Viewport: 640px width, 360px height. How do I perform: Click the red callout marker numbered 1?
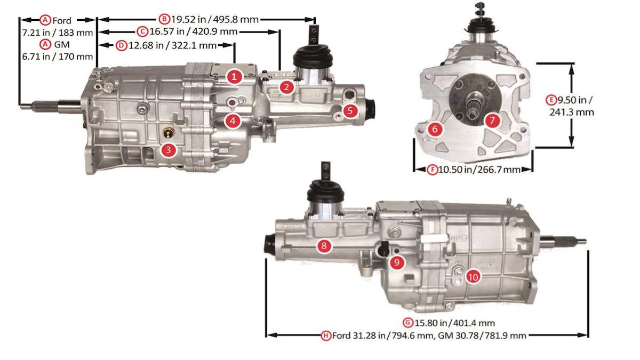[234, 77]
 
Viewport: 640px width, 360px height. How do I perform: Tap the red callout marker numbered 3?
[169, 150]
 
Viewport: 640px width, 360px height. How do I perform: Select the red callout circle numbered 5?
[350, 110]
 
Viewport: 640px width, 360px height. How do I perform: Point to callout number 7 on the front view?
[492, 121]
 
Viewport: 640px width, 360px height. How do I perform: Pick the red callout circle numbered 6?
[435, 129]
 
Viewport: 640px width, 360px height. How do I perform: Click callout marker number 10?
[473, 277]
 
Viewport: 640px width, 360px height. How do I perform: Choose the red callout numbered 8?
[324, 246]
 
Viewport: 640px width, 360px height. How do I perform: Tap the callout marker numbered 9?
[397, 262]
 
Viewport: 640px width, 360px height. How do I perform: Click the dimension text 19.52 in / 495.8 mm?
[215, 19]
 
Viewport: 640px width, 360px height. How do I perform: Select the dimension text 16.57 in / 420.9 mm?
[194, 31]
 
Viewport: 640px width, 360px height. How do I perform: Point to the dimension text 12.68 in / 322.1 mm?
[173, 45]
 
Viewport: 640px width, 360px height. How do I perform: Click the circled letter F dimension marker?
[433, 170]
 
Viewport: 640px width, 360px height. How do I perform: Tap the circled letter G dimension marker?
[408, 323]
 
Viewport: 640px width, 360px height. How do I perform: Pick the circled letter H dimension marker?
[326, 335]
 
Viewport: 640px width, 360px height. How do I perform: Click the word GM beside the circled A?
[62, 45]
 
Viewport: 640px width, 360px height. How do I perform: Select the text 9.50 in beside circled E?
[575, 100]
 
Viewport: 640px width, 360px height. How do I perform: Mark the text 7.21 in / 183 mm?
[58, 33]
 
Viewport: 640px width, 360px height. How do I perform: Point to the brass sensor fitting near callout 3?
[167, 133]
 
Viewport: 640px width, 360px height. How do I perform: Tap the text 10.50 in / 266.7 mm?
[479, 170]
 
